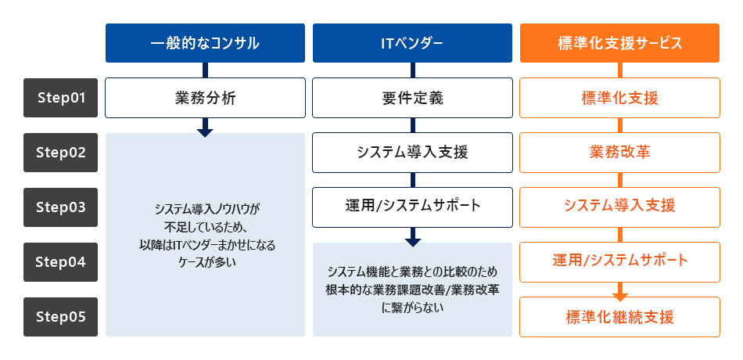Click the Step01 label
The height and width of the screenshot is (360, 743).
point(60,98)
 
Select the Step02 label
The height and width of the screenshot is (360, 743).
point(60,153)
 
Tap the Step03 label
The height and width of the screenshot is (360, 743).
point(60,207)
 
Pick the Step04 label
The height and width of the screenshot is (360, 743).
point(60,262)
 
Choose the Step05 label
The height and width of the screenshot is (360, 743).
point(60,317)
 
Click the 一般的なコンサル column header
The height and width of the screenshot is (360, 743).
point(205,43)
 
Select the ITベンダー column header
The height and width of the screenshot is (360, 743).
point(412,43)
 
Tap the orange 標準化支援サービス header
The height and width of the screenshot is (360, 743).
point(619,43)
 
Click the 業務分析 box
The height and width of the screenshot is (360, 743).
point(205,98)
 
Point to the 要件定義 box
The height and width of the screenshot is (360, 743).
point(412,98)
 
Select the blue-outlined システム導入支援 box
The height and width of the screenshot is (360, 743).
point(412,153)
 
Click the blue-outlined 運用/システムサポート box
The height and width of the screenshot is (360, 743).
point(412,207)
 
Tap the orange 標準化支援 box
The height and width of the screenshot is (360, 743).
point(619,98)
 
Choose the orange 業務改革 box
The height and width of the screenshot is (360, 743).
point(619,152)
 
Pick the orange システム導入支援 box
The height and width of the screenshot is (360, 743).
point(619,206)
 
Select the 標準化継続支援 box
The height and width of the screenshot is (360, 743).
point(619,317)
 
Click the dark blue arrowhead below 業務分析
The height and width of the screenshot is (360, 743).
point(205,131)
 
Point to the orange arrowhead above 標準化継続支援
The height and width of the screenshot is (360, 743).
point(619,296)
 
